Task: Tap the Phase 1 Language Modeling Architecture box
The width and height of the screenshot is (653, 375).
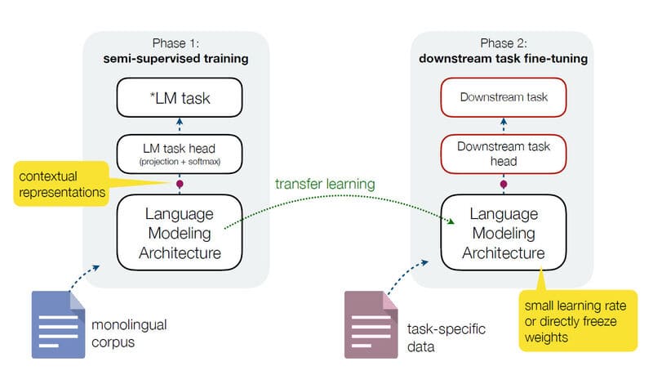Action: (x=180, y=234)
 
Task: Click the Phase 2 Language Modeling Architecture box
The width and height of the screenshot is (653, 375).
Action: (x=503, y=234)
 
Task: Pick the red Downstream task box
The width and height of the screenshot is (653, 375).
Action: (x=503, y=96)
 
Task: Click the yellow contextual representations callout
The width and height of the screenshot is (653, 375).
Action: (x=60, y=184)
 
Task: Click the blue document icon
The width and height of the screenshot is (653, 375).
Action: (x=59, y=324)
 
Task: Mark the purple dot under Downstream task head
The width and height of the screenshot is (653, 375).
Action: (x=503, y=184)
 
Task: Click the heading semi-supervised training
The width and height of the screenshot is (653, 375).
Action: (x=177, y=59)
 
